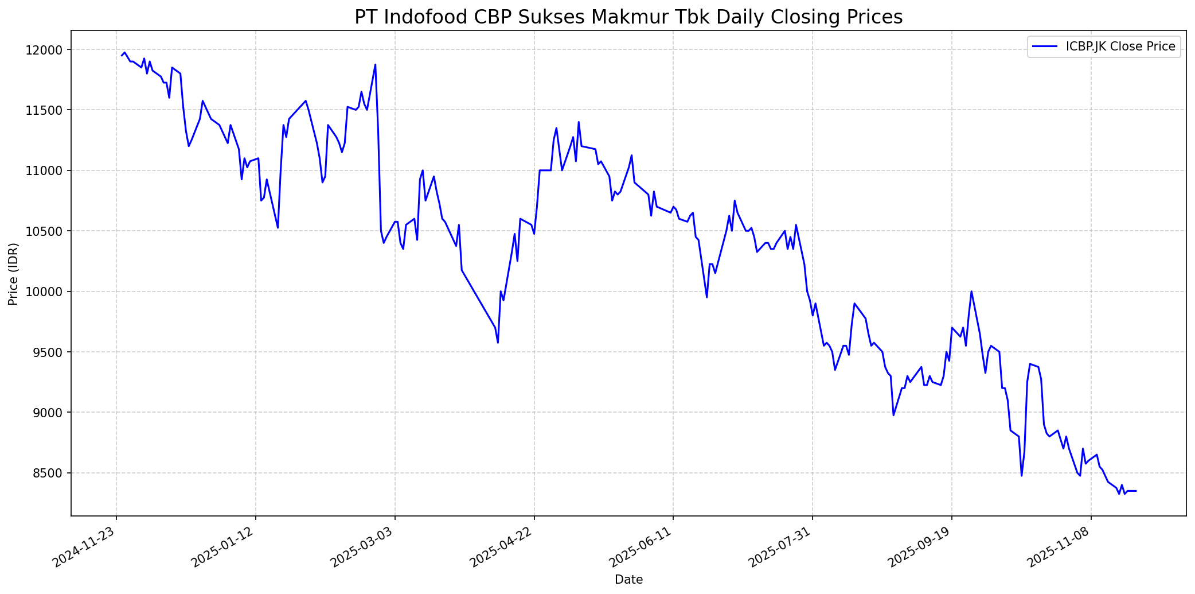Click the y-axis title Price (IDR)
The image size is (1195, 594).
point(13,274)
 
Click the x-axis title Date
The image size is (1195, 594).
point(628,580)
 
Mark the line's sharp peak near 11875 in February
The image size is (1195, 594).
point(375,64)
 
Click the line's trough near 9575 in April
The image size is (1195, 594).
point(498,343)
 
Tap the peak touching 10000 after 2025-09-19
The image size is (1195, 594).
point(971,292)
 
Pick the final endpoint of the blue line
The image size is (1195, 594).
point(1136,491)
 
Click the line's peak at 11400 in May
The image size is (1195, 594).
point(579,122)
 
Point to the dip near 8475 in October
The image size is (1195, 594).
point(1021,475)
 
